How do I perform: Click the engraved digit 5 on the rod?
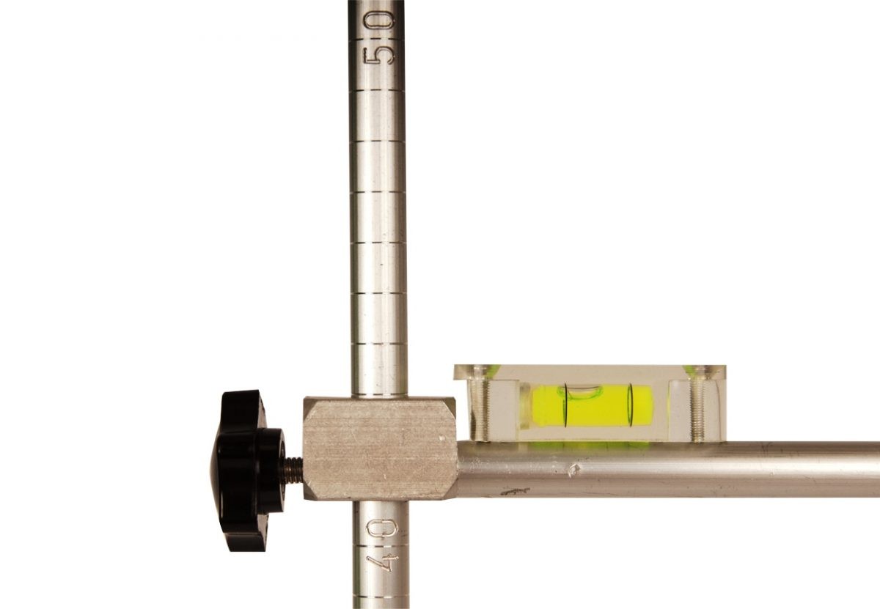tap(378, 57)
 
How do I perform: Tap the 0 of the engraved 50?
tap(378, 20)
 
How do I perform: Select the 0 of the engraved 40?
tap(382, 528)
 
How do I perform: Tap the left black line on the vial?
tap(566, 405)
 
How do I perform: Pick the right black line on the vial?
tap(631, 405)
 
